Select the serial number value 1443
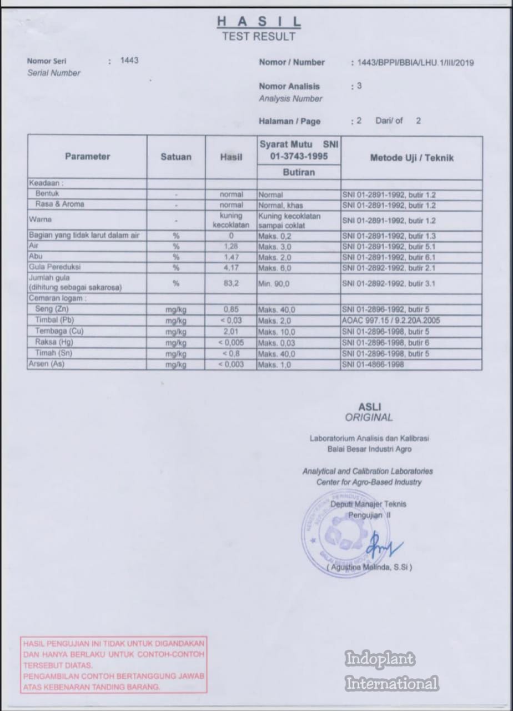129,61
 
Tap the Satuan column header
176,157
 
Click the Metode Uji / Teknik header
411,158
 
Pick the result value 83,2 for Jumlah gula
231,283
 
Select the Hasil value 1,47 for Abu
231,257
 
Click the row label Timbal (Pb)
54,320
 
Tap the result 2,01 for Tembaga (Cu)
231,332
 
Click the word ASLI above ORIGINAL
369,406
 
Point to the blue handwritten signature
384,543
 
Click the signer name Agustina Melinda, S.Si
369,568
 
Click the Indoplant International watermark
392,671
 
